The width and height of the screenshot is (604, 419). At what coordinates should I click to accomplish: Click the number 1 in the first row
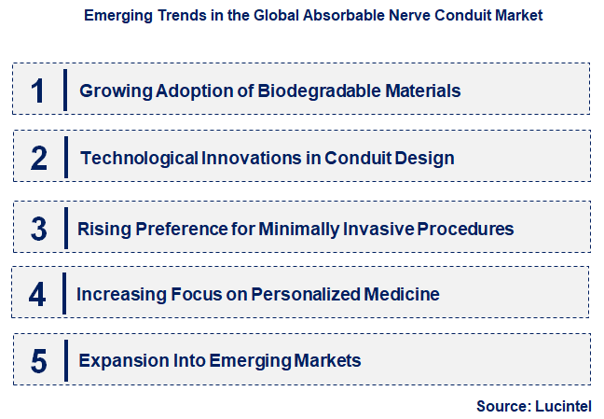(x=37, y=91)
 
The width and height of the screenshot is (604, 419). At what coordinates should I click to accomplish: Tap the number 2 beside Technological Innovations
(x=38, y=158)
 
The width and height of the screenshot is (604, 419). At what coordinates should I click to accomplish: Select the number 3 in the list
(x=38, y=228)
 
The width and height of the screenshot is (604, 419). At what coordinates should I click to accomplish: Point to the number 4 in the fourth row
(x=37, y=295)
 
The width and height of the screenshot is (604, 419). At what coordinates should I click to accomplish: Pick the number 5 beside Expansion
(x=38, y=360)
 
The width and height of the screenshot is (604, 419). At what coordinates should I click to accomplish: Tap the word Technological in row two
(x=139, y=158)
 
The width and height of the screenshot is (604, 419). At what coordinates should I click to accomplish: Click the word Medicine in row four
(x=403, y=295)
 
